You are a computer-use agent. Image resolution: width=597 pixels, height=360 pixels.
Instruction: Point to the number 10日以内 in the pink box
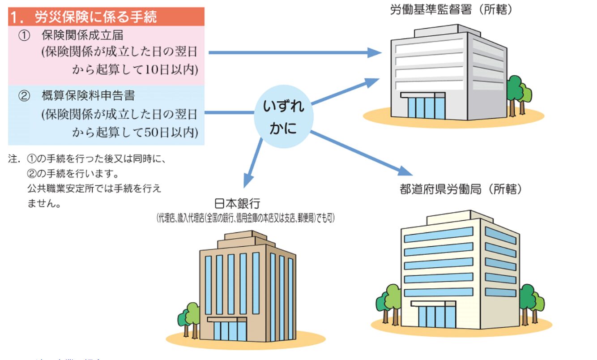tap(172, 69)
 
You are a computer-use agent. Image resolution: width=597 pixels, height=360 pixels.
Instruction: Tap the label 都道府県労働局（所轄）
tap(461, 189)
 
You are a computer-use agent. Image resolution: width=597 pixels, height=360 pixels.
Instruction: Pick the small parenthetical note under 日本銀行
tap(245, 219)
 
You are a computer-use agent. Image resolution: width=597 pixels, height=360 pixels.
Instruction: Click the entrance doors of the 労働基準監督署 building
tap(426, 107)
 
